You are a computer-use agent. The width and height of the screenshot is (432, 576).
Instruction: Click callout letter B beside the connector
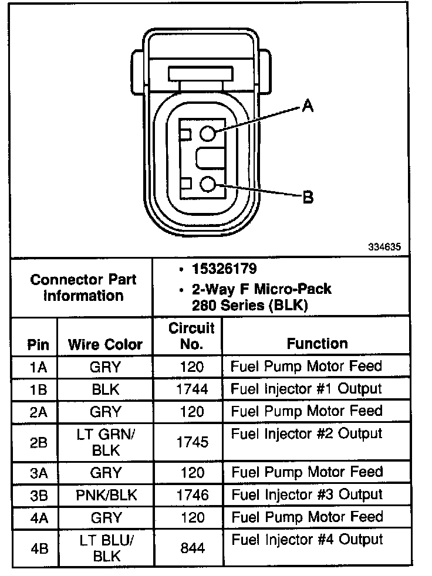pyautogui.click(x=307, y=197)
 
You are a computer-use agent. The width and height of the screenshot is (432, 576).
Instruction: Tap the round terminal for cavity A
pyautogui.click(x=208, y=134)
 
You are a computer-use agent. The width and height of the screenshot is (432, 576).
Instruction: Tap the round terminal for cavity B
pyautogui.click(x=208, y=185)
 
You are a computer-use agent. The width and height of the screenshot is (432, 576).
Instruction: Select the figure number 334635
pyautogui.click(x=384, y=247)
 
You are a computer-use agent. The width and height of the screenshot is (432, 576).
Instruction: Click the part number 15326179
pyautogui.click(x=224, y=269)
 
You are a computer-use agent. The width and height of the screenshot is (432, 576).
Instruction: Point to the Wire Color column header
pyautogui.click(x=105, y=344)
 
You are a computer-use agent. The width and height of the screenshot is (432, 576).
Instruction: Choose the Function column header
pyautogui.click(x=317, y=343)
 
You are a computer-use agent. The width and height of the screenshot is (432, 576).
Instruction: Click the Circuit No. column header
pyautogui.click(x=191, y=336)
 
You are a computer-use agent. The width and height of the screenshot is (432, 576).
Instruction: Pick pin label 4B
pyautogui.click(x=38, y=548)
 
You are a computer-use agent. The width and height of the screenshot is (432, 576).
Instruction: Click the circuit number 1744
pyautogui.click(x=192, y=389)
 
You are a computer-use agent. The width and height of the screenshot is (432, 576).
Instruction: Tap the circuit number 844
pyautogui.click(x=192, y=548)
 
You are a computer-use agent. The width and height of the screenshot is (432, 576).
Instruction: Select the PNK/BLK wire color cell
pyautogui.click(x=106, y=495)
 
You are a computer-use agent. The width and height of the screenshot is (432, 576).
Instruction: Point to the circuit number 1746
pyautogui.click(x=192, y=495)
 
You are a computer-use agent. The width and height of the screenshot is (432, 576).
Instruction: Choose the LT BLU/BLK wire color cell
pyautogui.click(x=106, y=548)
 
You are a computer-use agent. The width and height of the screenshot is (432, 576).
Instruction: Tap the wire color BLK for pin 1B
pyautogui.click(x=106, y=389)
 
